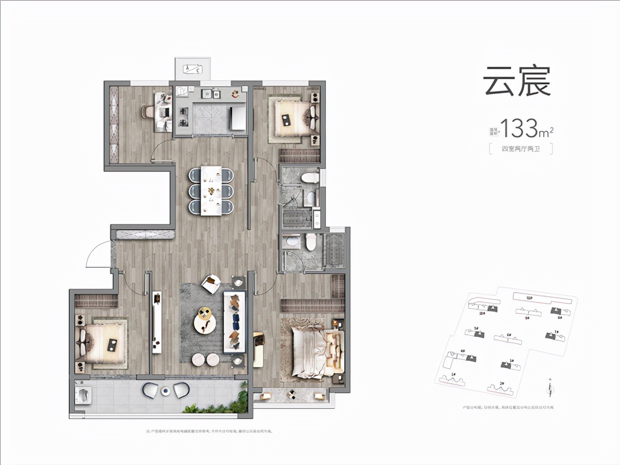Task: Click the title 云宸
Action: [x=517, y=81]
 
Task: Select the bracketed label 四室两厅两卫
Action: [x=521, y=149]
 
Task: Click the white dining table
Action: [x=211, y=191]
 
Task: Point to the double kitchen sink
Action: [x=210, y=94]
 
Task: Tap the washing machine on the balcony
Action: [x=83, y=395]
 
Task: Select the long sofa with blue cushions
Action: [x=234, y=322]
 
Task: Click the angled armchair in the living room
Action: [x=211, y=284]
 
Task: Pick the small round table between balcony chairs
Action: [x=165, y=390]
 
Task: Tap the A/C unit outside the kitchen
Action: [x=192, y=69]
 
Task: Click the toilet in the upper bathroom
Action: [x=310, y=177]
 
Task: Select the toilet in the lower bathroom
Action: [x=310, y=242]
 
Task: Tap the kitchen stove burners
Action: [x=184, y=116]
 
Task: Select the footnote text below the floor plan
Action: [x=209, y=431]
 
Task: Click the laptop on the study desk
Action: [x=164, y=112]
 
